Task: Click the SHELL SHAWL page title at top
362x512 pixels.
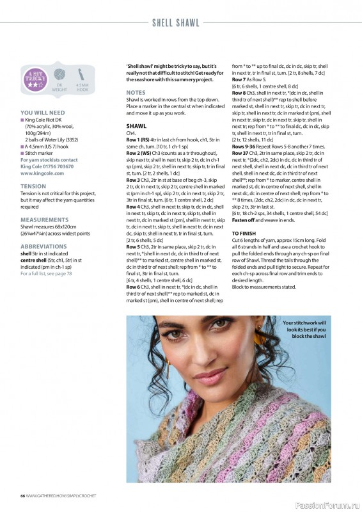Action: [181, 24]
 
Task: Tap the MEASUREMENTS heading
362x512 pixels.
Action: [44, 219]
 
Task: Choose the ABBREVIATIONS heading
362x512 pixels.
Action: [43, 246]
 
